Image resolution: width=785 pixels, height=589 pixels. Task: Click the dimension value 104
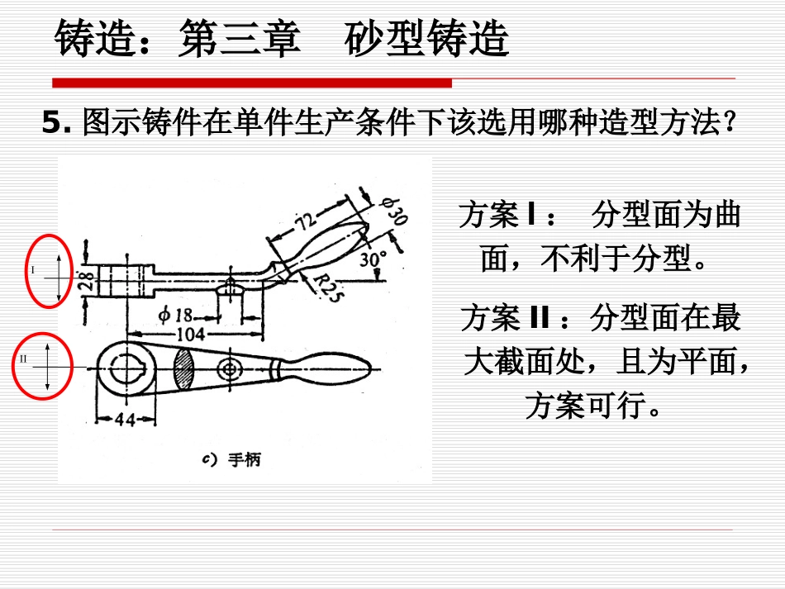[x=191, y=334]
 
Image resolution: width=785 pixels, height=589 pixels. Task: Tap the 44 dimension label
[x=125, y=419]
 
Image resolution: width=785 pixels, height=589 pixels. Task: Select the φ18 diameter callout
[x=175, y=315]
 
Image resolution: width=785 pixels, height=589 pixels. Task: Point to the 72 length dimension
[x=306, y=221]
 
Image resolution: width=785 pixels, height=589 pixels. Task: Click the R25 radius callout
[x=328, y=287]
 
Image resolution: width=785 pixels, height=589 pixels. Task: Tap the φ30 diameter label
[x=394, y=211]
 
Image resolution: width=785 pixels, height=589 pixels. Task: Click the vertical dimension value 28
[x=86, y=280]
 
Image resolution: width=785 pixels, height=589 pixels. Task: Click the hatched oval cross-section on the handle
[x=183, y=368]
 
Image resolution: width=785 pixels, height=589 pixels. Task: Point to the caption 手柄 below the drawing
[x=244, y=459]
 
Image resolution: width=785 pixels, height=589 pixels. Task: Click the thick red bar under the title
[x=252, y=83]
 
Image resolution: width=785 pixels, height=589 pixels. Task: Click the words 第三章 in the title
[x=240, y=38]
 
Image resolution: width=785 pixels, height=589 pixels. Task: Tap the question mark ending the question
[x=730, y=122]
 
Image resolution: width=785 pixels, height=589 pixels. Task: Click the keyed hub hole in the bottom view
[x=126, y=368]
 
